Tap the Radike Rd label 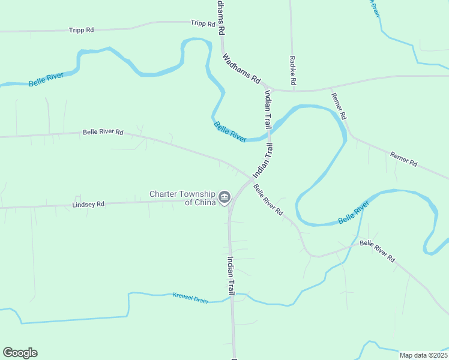(293, 70)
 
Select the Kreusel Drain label (190, 298)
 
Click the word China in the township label (205, 203)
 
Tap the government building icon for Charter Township (224, 196)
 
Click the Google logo (20, 353)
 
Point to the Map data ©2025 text (423, 355)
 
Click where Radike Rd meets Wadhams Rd (294, 91)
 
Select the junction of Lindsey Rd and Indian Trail (230, 201)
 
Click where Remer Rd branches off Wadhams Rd (330, 88)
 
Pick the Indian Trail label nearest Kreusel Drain (231, 275)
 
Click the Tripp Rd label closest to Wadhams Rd (203, 23)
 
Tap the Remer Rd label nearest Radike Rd (339, 105)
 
